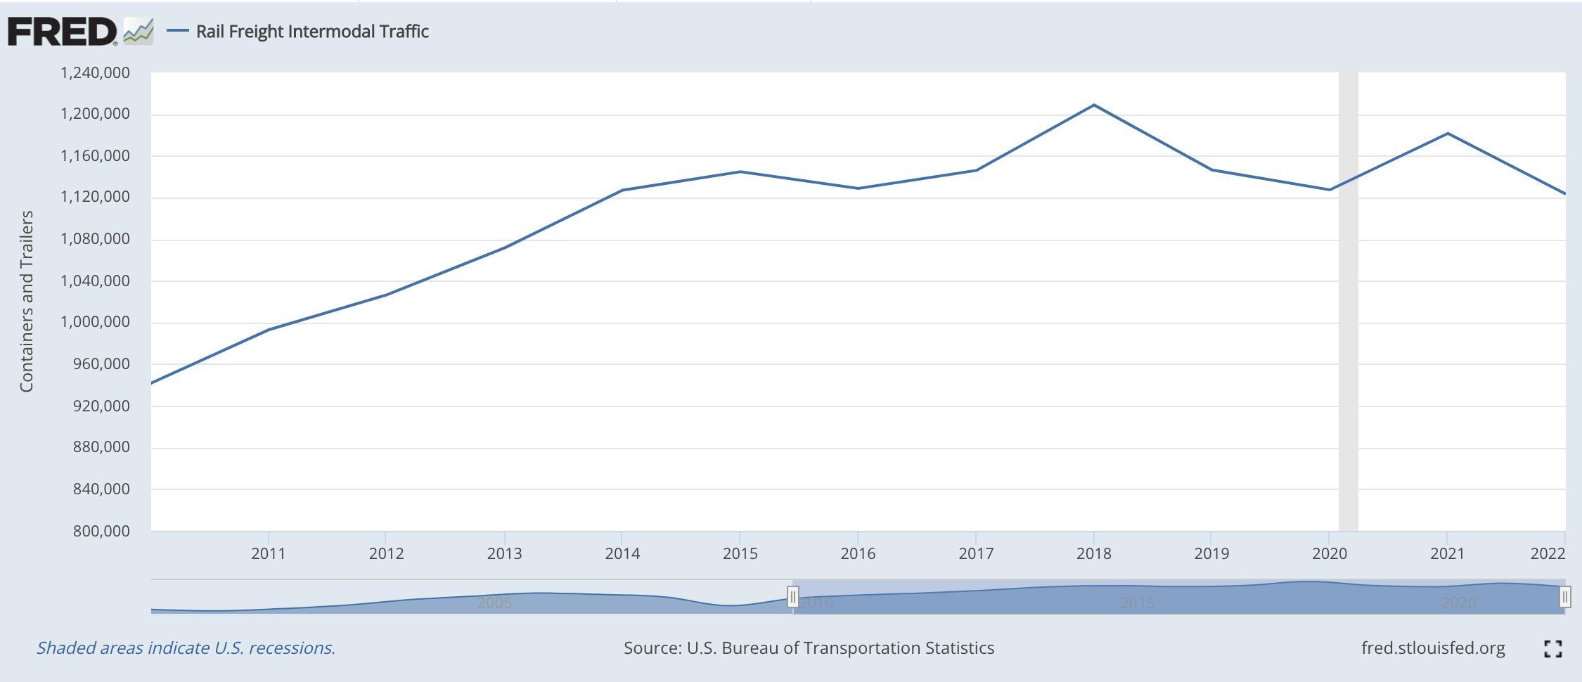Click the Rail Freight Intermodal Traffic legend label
pos(311,32)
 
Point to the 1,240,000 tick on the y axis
pos(95,73)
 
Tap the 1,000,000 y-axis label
pos(95,322)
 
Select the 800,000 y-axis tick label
pos(101,531)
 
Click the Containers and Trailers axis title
pos(27,301)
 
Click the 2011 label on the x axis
pos(268,553)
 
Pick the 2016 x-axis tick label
pos(858,553)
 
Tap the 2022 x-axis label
pos(1547,553)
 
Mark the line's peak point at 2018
pos(1094,105)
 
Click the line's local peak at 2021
pos(1448,134)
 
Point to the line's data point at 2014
pos(622,190)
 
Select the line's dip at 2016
pos(858,188)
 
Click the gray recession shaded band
pos(1348,302)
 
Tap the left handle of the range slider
pos(793,597)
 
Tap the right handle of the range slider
pos(1564,597)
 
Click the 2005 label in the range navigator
pos(494,603)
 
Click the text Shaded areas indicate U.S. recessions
pos(186,648)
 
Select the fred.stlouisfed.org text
pos(1433,648)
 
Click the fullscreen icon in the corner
pos(1552,648)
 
